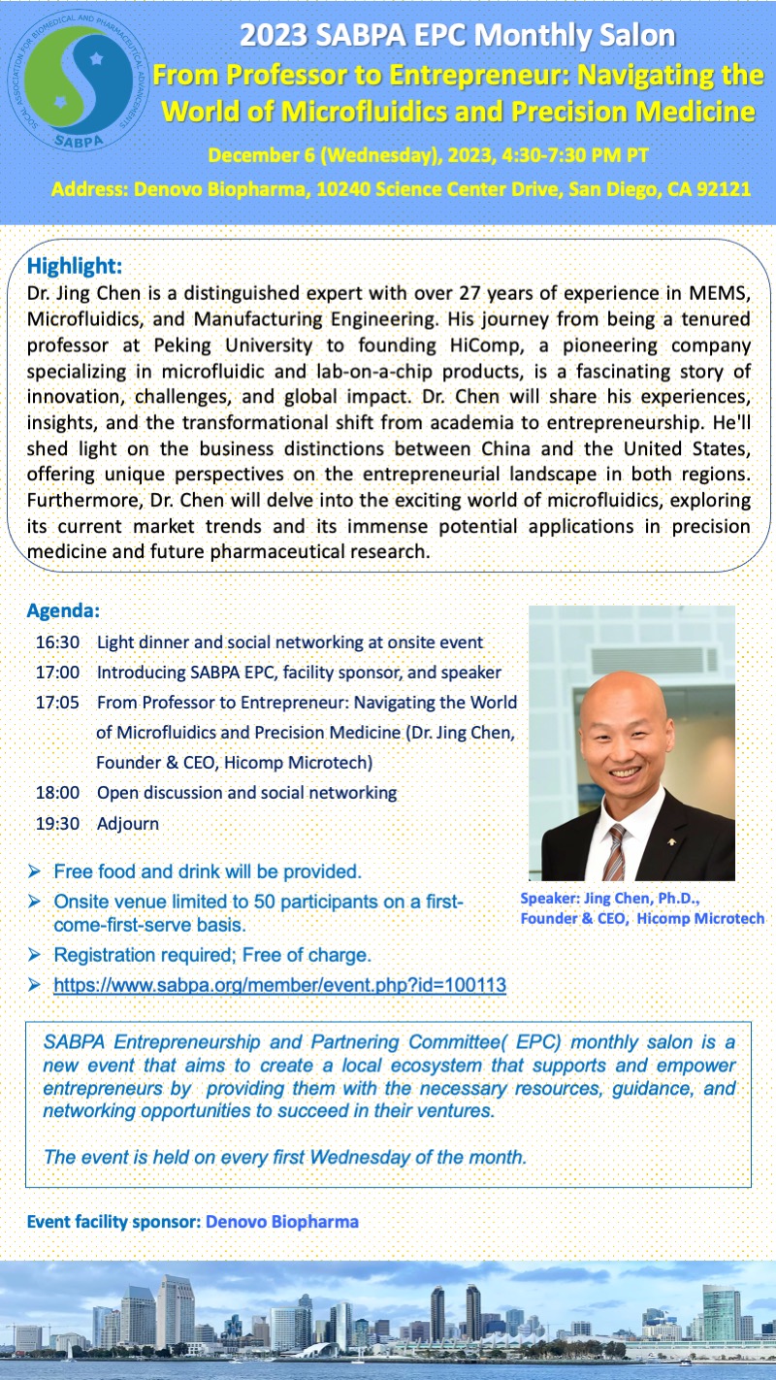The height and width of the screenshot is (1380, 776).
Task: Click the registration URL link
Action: pos(279,985)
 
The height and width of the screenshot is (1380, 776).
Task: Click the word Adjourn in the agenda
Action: pos(128,823)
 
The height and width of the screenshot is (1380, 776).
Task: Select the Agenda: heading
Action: pos(64,612)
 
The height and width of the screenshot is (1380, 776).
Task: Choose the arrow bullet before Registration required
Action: pos(35,956)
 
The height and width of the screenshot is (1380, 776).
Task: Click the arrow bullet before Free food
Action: pos(35,871)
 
